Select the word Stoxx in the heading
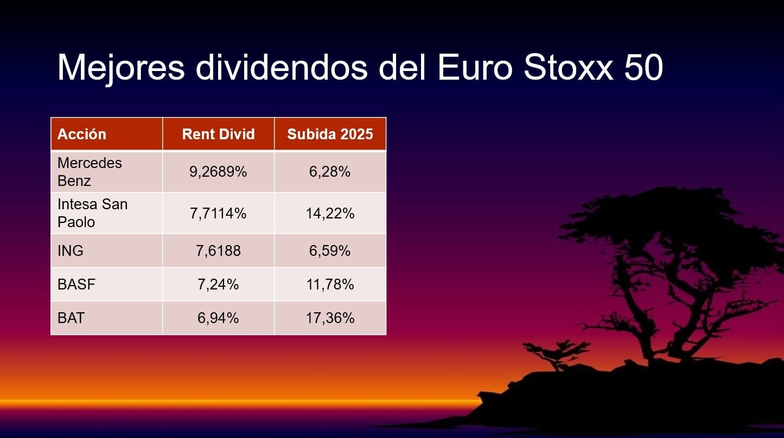click(569, 67)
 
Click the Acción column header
click(81, 134)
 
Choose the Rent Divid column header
click(219, 134)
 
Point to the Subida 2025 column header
click(330, 134)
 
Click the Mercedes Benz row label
click(90, 172)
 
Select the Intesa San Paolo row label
click(92, 213)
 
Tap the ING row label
click(71, 250)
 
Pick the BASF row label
click(77, 284)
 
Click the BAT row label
click(71, 318)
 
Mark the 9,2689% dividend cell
click(218, 172)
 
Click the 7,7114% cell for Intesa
click(218, 213)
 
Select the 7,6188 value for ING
click(218, 250)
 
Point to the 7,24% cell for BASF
click(218, 284)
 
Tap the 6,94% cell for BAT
click(218, 318)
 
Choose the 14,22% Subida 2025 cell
click(330, 213)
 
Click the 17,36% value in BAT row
click(330, 318)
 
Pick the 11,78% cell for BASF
click(330, 284)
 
